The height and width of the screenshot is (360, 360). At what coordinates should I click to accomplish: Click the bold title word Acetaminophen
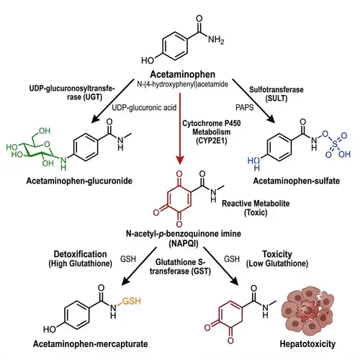pos(179,75)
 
